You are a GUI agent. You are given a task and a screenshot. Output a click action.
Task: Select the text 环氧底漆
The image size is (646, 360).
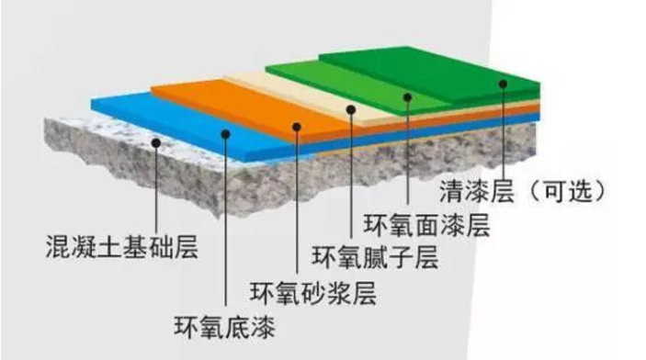pos(225,325)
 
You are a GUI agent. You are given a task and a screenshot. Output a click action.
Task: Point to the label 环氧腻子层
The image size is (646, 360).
pos(375,256)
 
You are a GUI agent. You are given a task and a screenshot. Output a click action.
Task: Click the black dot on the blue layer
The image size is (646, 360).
pos(226,134)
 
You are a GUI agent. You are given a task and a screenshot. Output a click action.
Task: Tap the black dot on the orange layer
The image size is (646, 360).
pos(296,127)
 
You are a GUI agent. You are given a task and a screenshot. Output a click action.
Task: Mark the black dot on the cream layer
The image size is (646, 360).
pos(352,110)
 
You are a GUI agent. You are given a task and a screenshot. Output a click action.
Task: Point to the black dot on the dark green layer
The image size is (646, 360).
pos(504,84)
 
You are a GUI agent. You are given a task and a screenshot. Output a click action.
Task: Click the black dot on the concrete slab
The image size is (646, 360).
pos(158,142)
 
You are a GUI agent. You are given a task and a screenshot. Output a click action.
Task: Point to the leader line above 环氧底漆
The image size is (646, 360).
pos(226,230)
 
